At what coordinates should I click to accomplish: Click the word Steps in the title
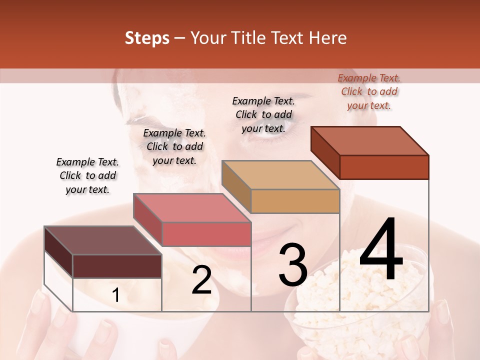(147, 38)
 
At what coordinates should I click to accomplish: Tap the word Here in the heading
(328, 38)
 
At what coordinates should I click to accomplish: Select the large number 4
(381, 249)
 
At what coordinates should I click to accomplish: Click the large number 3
(293, 264)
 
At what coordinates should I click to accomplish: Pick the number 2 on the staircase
(201, 280)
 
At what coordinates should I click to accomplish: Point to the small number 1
(115, 295)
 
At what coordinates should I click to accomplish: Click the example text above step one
(87, 175)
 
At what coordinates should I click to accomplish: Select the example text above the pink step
(174, 146)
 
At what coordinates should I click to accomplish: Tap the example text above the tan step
(263, 114)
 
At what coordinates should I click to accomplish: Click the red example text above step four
(369, 91)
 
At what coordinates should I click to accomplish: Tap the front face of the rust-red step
(384, 167)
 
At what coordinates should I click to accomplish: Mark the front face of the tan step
(295, 201)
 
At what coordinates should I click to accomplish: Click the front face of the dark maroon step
(117, 266)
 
